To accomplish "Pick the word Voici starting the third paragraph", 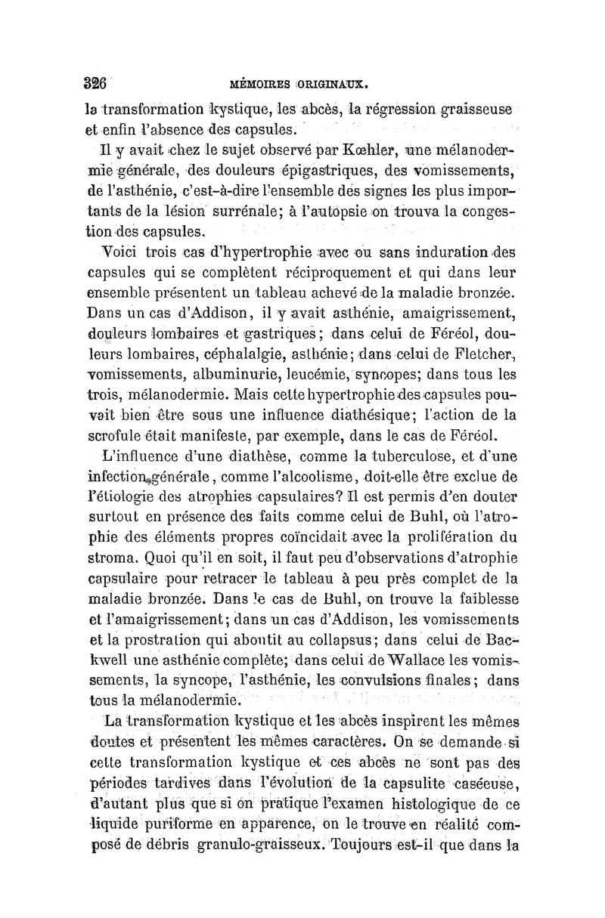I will click(x=114, y=250).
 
